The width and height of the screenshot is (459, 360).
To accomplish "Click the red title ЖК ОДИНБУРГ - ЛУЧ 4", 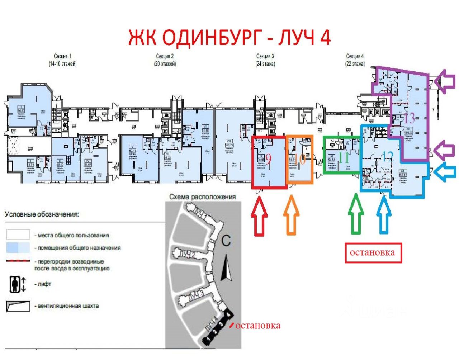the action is [x=229, y=37].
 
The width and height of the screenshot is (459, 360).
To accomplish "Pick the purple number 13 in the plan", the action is [x=409, y=118].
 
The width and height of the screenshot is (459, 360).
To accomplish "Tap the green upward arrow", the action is [x=356, y=214].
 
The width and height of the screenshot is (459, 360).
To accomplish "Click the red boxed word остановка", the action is [x=373, y=253].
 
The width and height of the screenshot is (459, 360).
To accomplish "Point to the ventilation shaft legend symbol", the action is [x=18, y=306].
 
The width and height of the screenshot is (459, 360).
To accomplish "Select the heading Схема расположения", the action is [x=203, y=196].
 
